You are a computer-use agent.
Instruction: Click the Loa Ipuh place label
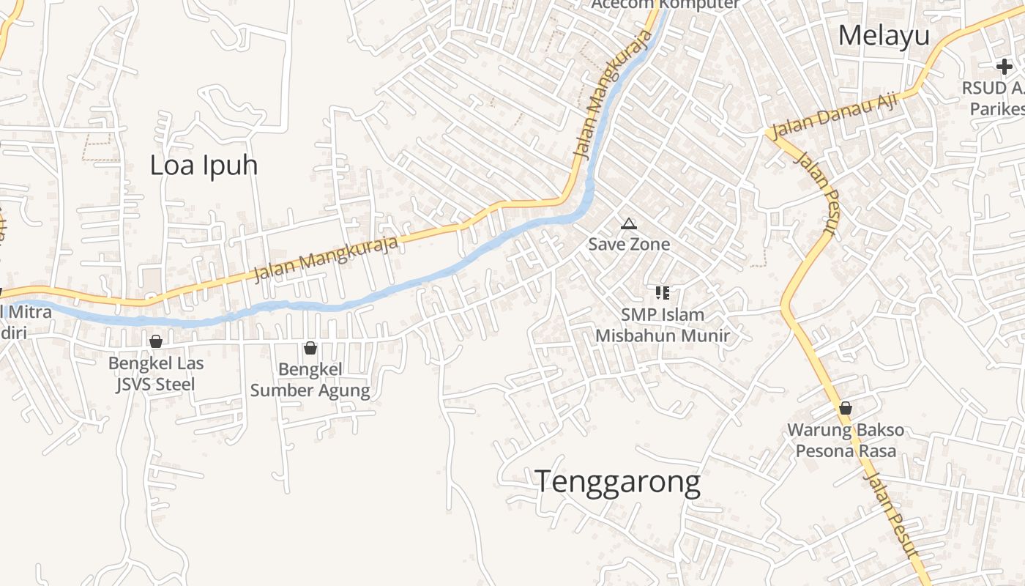point(204,166)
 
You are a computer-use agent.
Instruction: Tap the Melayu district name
point(884,35)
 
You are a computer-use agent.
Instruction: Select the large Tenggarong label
point(617,482)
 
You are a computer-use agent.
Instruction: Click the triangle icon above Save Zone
point(628,223)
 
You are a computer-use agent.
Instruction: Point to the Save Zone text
point(629,244)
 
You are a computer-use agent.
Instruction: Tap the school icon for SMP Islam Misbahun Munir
point(663,293)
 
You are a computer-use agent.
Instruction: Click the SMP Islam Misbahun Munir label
point(663,325)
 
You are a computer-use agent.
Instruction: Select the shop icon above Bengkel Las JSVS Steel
point(155,341)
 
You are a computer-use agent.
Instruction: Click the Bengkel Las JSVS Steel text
point(156,374)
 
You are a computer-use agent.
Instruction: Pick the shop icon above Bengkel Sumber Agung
point(310,348)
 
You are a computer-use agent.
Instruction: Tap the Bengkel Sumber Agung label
point(310,380)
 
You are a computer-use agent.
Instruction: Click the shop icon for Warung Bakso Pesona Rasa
point(846,408)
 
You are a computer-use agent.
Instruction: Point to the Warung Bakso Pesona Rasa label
point(846,440)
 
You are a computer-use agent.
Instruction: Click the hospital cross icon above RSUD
point(1004,67)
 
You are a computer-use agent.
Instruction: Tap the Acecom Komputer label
point(665,4)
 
